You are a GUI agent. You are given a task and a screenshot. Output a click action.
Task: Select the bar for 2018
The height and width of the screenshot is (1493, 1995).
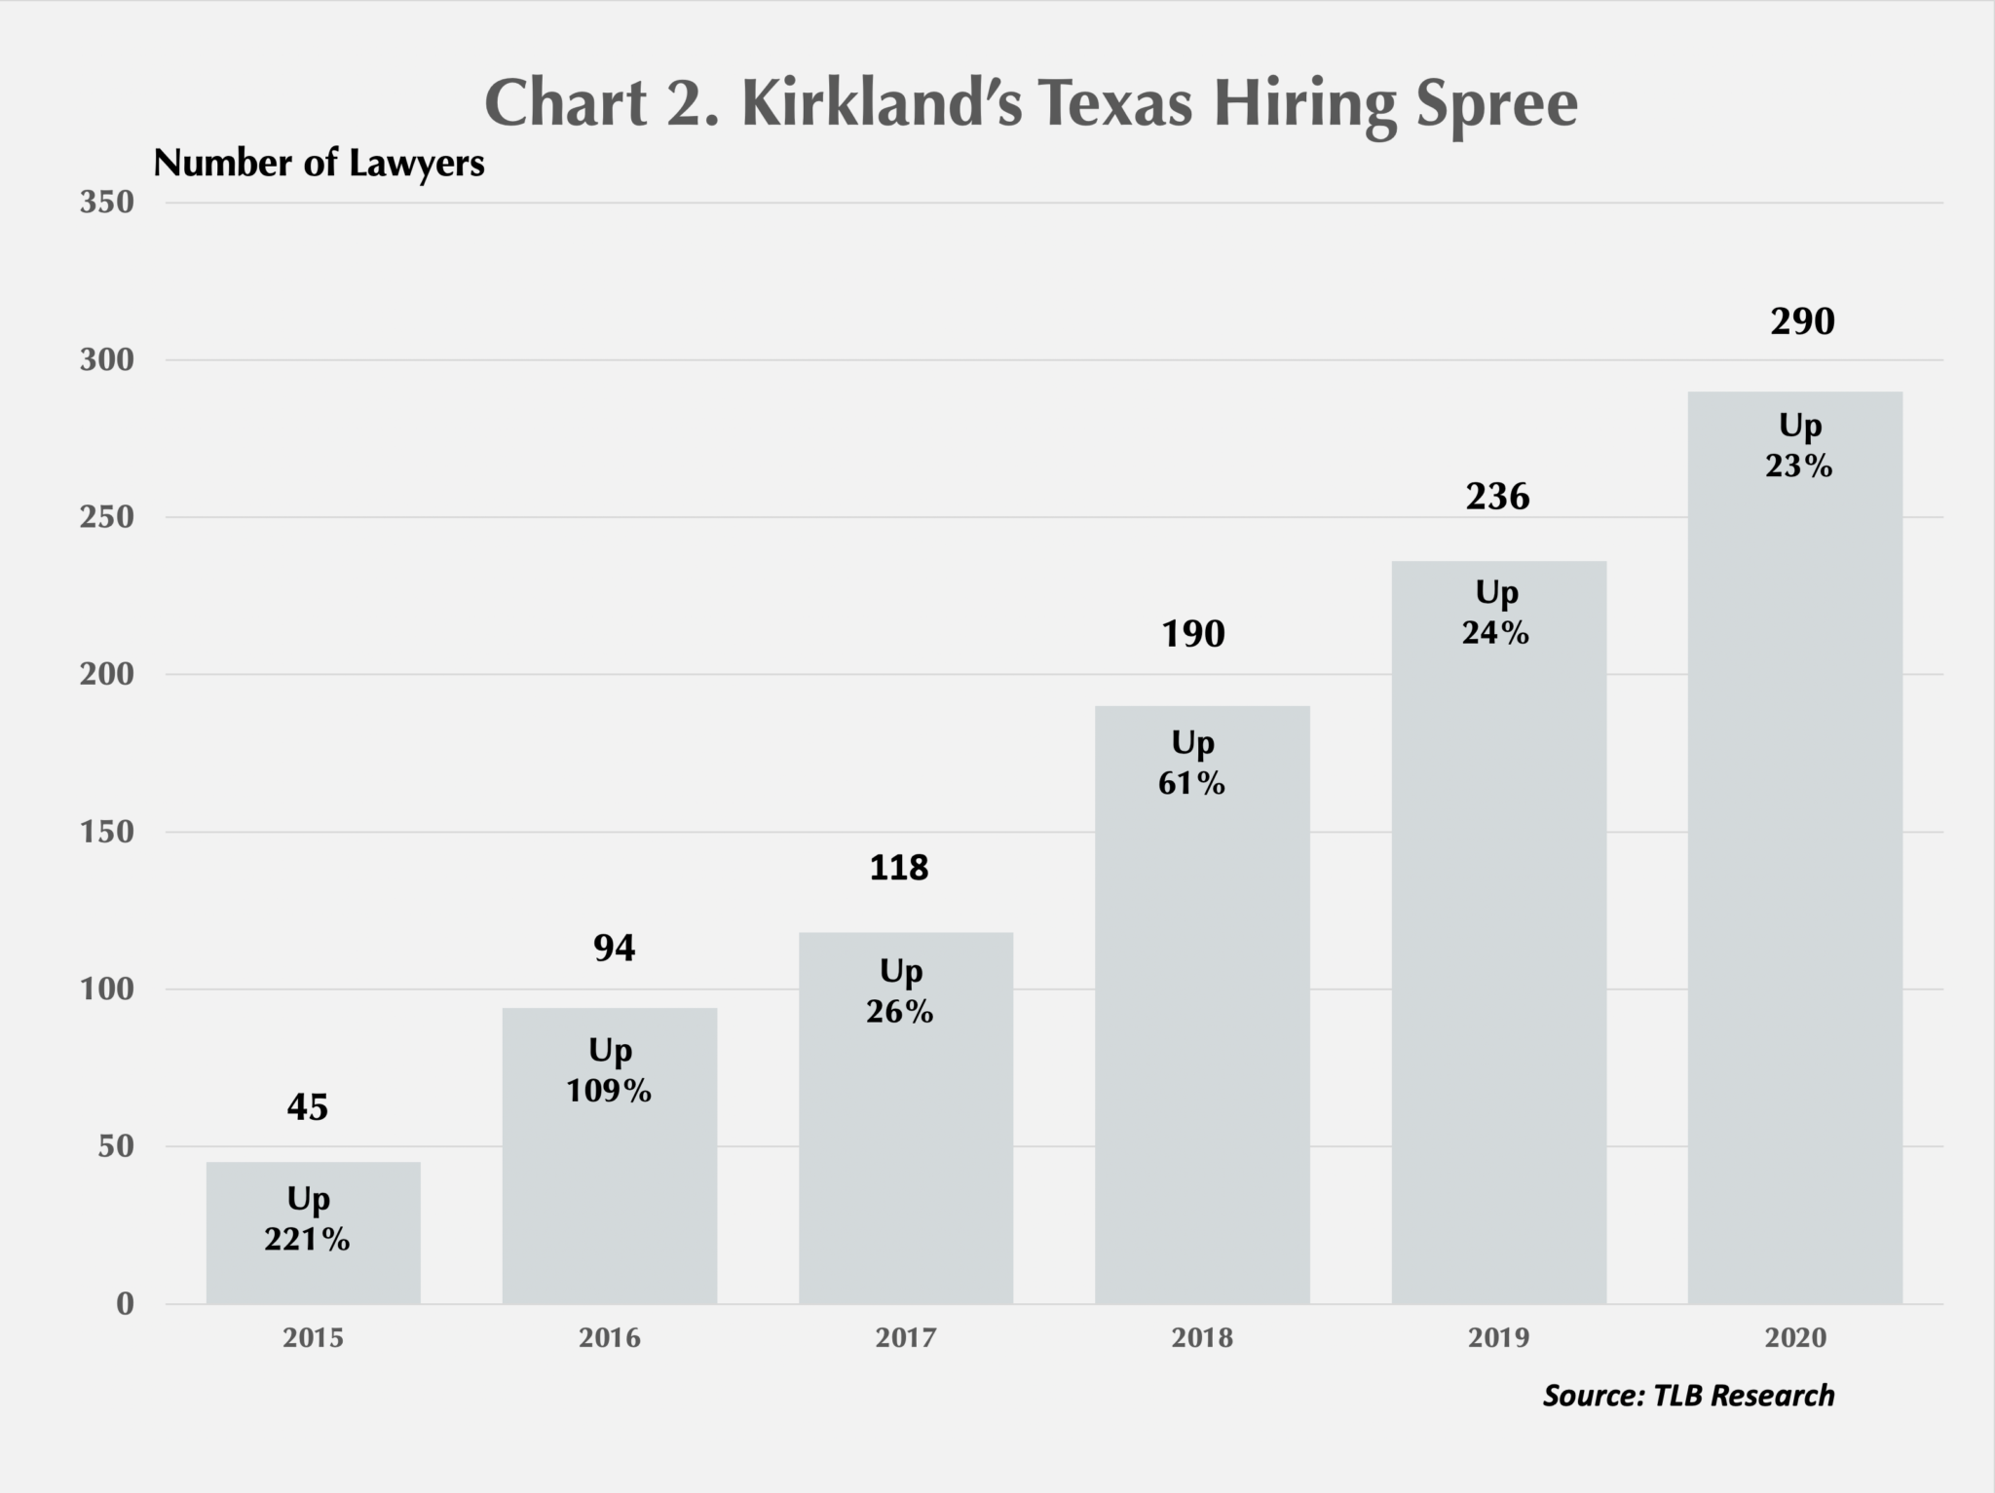tap(1201, 1023)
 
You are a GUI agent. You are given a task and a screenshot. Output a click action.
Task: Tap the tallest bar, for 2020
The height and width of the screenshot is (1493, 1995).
tap(1794, 877)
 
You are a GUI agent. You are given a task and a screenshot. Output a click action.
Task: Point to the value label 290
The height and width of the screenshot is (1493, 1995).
tap(1801, 321)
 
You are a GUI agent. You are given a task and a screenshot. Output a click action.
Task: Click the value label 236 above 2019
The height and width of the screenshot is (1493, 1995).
tap(1497, 497)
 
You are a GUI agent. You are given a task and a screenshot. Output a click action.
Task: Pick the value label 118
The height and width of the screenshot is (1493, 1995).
tap(898, 867)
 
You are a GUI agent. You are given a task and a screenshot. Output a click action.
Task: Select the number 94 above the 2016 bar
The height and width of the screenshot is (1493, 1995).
tap(614, 948)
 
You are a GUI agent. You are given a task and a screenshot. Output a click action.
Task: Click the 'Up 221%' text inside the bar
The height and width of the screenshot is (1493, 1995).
tap(308, 1218)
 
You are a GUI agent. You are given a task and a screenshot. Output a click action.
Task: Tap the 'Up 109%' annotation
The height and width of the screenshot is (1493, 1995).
tap(610, 1070)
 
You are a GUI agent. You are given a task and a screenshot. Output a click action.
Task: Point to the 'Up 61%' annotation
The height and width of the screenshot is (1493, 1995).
tap(1192, 763)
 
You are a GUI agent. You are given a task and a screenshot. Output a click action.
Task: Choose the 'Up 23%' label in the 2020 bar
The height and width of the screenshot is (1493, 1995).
tap(1799, 446)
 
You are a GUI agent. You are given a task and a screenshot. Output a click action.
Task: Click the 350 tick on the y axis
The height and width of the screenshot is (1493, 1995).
tap(107, 203)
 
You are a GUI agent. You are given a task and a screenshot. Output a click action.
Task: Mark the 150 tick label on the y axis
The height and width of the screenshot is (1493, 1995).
tap(107, 832)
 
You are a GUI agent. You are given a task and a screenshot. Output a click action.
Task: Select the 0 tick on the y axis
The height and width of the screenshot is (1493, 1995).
tap(125, 1304)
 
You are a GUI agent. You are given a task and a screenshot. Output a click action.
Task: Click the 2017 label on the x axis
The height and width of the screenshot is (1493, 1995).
tap(905, 1338)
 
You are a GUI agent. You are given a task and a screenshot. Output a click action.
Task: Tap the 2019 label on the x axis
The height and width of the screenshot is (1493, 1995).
tap(1498, 1338)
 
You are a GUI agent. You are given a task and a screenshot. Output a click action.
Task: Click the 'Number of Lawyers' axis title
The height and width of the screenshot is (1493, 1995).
tap(319, 164)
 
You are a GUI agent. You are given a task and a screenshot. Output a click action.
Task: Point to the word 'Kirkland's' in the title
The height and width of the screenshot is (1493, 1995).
tap(882, 103)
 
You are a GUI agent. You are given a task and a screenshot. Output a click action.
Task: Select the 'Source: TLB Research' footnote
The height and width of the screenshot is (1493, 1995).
tap(1688, 1396)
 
